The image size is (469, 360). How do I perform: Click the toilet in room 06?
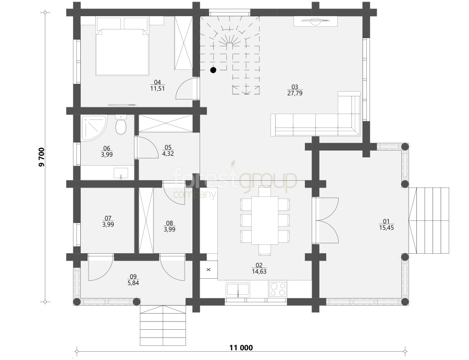(x=121, y=125)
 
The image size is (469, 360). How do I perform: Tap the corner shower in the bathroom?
(x=93, y=128)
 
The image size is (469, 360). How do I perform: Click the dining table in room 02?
(x=265, y=221)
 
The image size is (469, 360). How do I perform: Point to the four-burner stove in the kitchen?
(x=278, y=289)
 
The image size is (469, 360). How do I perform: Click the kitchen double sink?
(x=238, y=290)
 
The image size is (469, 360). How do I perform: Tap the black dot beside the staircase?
(x=213, y=70)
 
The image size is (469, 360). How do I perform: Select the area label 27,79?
(x=294, y=93)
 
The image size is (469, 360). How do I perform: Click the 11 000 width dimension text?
(x=241, y=347)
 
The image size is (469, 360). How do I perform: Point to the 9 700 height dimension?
(x=41, y=157)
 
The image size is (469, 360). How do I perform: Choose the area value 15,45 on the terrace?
(x=386, y=228)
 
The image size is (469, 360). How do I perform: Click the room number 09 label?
(x=133, y=277)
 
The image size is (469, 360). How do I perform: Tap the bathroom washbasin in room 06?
(x=121, y=173)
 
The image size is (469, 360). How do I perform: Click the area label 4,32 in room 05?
(x=168, y=154)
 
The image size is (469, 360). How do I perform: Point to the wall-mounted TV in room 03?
(x=315, y=21)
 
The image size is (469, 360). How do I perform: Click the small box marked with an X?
(x=208, y=270)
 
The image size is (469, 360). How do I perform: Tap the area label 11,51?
(x=157, y=89)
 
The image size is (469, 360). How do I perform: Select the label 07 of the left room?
(x=108, y=218)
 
